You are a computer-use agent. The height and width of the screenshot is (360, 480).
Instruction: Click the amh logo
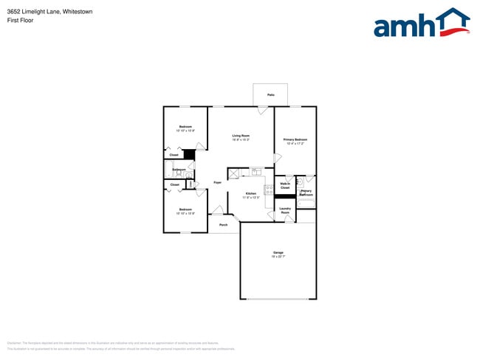421,24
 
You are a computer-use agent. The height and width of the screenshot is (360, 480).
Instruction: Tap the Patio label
271,95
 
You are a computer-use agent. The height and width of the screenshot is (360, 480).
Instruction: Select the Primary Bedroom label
295,141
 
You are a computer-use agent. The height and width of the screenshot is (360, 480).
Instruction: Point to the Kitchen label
251,195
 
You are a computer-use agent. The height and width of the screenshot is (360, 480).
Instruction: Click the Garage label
278,255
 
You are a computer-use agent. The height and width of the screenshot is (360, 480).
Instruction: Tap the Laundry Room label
285,210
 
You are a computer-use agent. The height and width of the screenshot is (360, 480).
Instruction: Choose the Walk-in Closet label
285,186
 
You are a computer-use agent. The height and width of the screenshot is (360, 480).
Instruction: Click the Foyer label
217,182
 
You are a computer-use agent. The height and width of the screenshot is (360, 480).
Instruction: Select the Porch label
223,225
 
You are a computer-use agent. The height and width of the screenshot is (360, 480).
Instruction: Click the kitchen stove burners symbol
269,190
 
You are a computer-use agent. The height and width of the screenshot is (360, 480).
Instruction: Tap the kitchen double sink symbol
256,172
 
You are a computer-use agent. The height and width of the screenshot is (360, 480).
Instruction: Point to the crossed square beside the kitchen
233,174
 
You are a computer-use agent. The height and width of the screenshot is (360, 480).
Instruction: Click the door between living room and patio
262,110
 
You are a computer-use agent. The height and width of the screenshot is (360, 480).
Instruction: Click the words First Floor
20,21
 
